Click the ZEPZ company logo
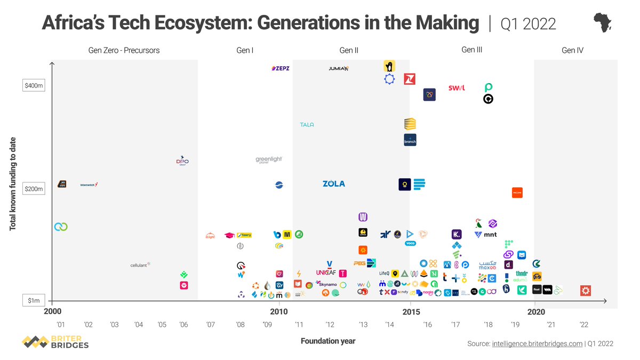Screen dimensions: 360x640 coord(281,68)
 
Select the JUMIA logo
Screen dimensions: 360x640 coord(339,68)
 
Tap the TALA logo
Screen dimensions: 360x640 coord(307,125)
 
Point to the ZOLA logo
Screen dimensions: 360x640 coord(334,184)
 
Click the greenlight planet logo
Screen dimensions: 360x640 coord(269,160)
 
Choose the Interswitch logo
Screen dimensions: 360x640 coord(89,185)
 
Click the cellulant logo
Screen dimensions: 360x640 coord(141,265)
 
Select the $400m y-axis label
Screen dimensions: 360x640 coord(34,85)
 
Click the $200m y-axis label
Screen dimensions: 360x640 coord(34,189)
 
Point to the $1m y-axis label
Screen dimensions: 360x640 coord(34,301)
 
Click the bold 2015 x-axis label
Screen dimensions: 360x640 coord(410,312)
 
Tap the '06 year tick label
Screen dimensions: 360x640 coord(183,325)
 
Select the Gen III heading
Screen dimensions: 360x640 coord(471,50)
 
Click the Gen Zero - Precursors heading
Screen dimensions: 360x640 coord(124,51)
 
